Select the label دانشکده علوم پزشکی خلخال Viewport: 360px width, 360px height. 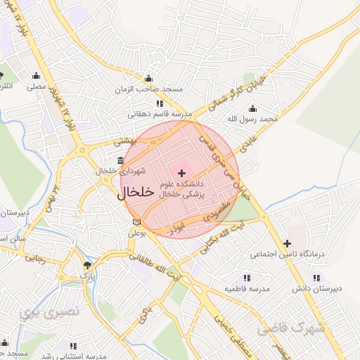coord(181,188)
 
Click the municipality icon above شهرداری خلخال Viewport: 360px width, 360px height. coord(120,160)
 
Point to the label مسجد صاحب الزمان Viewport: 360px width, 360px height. coord(149,89)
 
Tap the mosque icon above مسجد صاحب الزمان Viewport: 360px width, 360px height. coord(148,79)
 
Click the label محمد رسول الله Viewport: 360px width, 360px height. coord(258,120)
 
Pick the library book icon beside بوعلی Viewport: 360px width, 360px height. coord(136,223)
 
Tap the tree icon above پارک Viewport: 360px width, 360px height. coord(87,265)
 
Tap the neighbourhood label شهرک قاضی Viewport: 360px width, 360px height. coord(291,328)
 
